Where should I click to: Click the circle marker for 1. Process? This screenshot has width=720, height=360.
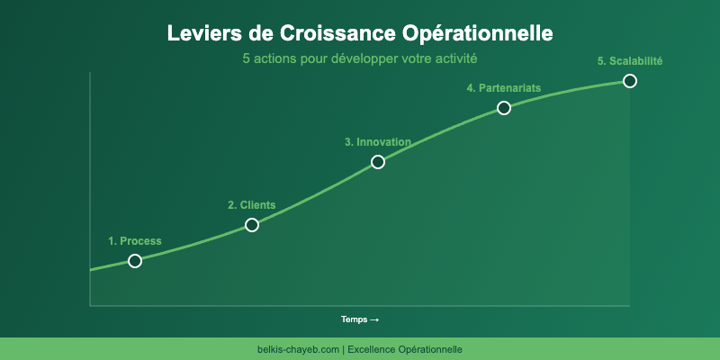click(x=135, y=261)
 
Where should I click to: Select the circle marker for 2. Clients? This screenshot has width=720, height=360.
click(x=252, y=225)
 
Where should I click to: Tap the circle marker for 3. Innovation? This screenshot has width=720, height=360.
click(x=378, y=162)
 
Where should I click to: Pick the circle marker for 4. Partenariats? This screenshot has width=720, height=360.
click(x=504, y=108)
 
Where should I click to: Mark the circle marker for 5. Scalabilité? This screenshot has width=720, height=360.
click(x=630, y=81)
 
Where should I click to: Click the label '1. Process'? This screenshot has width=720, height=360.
click(x=135, y=241)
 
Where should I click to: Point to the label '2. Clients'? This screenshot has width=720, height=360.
click(x=252, y=205)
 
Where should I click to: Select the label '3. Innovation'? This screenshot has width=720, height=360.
click(x=378, y=142)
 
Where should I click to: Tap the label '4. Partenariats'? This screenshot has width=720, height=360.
click(x=504, y=88)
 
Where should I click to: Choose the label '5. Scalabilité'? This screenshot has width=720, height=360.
click(x=630, y=61)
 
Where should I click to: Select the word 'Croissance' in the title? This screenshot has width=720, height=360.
click(x=333, y=33)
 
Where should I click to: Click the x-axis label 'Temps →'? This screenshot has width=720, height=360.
click(x=359, y=319)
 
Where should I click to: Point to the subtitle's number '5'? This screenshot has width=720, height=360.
click(x=246, y=58)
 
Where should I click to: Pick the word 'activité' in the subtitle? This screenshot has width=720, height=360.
click(x=454, y=58)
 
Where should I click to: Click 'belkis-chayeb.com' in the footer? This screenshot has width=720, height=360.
click(x=298, y=349)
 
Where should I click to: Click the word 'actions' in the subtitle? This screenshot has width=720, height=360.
click(x=275, y=58)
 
